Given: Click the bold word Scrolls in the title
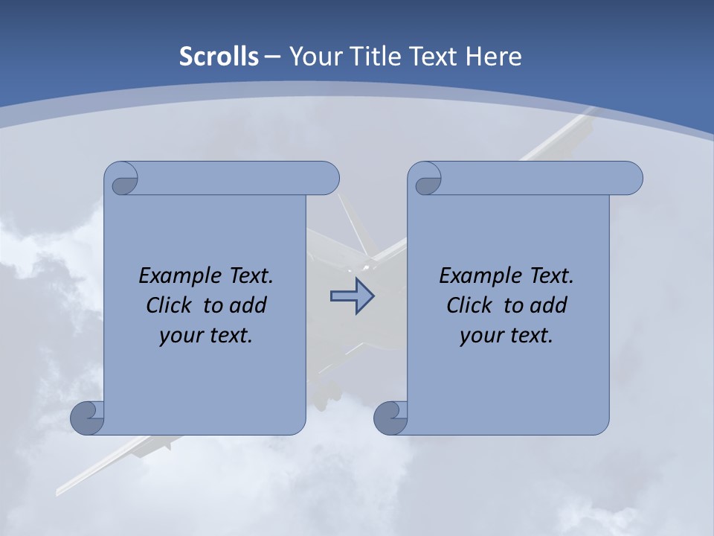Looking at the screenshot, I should tap(219, 57).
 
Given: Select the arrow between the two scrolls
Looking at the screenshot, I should tap(352, 297).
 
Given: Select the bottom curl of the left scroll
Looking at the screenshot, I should tap(88, 418).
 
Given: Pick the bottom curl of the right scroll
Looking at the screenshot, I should tap(391, 418).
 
